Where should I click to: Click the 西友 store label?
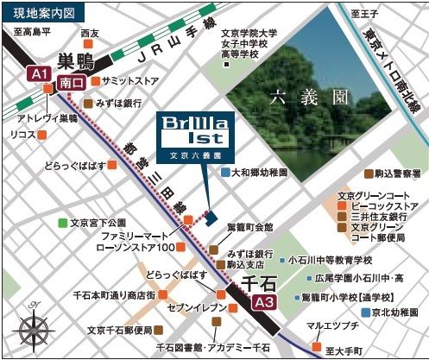(x=90, y=34)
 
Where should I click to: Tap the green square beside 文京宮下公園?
(x=62, y=223)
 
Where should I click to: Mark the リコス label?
(x=22, y=136)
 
